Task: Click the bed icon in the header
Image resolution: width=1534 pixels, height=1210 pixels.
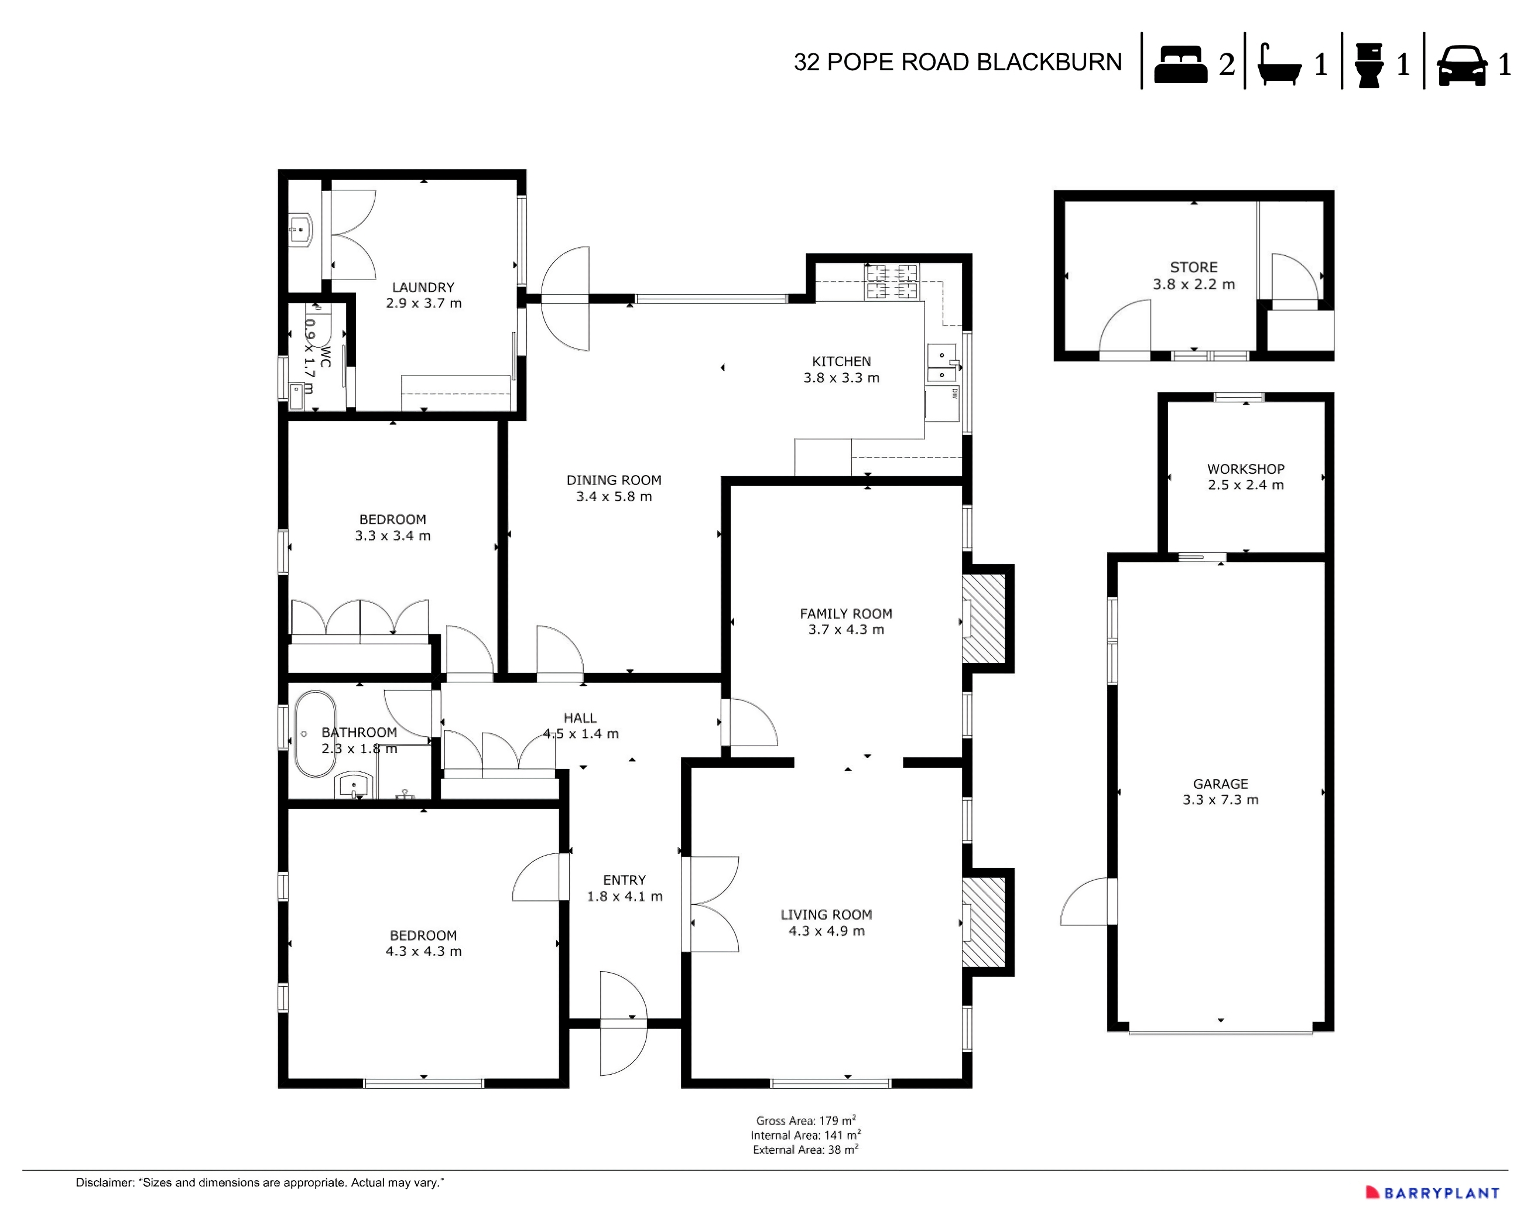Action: (x=1180, y=64)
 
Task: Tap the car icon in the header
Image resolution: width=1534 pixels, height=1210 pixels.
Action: (x=1461, y=66)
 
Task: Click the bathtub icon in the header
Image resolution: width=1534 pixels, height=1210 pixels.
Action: (x=1279, y=66)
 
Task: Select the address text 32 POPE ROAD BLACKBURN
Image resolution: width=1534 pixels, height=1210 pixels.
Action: (x=957, y=62)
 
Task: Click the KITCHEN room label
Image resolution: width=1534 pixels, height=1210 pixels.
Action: (x=841, y=361)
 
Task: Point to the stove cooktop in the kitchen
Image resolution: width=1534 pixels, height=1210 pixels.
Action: (x=892, y=281)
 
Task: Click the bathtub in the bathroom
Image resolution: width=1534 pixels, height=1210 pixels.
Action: (x=315, y=734)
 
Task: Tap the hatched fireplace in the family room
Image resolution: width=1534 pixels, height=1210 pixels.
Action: (x=984, y=618)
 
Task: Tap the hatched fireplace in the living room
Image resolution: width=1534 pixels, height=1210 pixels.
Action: (x=984, y=922)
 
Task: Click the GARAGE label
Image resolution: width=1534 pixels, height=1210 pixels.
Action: (x=1220, y=784)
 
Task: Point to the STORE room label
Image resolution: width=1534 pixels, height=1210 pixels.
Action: (x=1193, y=267)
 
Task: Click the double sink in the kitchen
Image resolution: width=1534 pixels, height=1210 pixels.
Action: (x=942, y=365)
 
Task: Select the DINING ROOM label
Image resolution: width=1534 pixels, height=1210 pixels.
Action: (x=614, y=480)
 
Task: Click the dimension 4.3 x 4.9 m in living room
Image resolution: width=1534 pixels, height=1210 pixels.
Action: (x=827, y=931)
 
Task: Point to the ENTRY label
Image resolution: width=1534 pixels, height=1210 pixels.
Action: (x=624, y=880)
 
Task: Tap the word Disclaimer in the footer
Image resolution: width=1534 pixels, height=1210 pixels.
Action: (x=105, y=1182)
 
